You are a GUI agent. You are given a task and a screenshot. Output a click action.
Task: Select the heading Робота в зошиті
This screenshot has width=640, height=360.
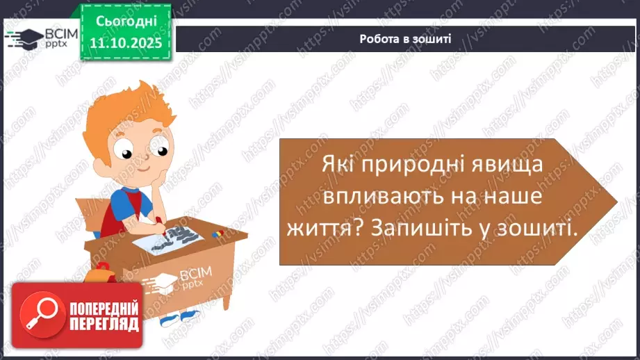tap(405, 39)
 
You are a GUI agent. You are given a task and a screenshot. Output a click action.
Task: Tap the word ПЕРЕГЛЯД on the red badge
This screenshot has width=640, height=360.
tap(104, 324)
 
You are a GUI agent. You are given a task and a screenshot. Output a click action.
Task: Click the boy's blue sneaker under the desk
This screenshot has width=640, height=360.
tap(190, 316)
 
